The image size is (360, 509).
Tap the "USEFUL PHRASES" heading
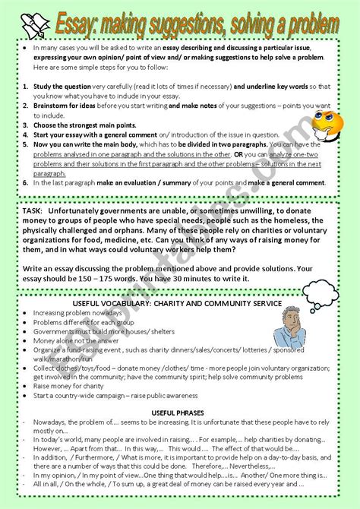click(x=178, y=412)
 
